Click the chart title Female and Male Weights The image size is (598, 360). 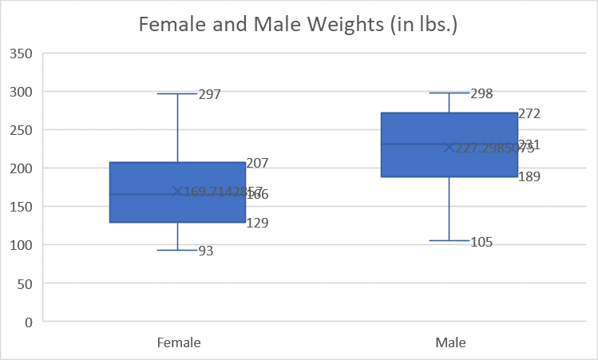point(299,24)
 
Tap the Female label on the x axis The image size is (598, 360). point(177,342)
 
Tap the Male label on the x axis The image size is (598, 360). point(450,342)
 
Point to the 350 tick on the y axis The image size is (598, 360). point(21,53)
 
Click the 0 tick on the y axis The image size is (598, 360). point(28,322)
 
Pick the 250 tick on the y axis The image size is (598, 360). point(21,130)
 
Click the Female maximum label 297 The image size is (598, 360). point(209,94)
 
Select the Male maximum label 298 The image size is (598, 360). point(481,94)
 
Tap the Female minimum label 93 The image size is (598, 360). point(206,251)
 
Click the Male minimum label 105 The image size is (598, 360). point(481,242)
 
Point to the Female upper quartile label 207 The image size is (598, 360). point(257,163)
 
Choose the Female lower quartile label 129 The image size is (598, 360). point(257,224)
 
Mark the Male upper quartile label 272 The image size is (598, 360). point(529,114)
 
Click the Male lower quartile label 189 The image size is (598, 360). point(529,176)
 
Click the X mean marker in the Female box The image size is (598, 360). point(177,192)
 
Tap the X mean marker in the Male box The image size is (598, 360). point(449,148)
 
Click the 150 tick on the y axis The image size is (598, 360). point(21,207)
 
